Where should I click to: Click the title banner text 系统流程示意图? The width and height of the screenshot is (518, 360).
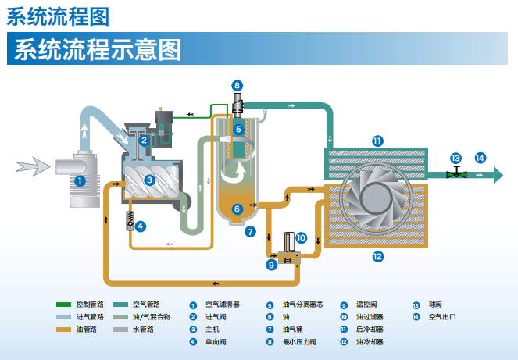click(x=98, y=49)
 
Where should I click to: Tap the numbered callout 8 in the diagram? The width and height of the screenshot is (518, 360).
click(x=238, y=84)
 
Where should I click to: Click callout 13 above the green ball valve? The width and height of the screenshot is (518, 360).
click(x=455, y=158)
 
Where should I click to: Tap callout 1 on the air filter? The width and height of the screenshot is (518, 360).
click(x=80, y=180)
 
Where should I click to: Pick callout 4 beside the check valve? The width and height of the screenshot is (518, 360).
click(x=141, y=226)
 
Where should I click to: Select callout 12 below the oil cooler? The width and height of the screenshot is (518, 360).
click(x=377, y=255)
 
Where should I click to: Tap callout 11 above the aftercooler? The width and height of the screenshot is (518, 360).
click(x=377, y=141)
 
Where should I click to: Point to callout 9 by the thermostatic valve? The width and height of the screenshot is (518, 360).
click(x=272, y=265)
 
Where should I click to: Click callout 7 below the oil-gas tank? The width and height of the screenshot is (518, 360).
click(x=250, y=231)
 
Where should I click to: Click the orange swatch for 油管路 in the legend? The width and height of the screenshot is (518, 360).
click(x=63, y=330)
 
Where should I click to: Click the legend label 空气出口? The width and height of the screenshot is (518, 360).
click(x=443, y=317)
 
